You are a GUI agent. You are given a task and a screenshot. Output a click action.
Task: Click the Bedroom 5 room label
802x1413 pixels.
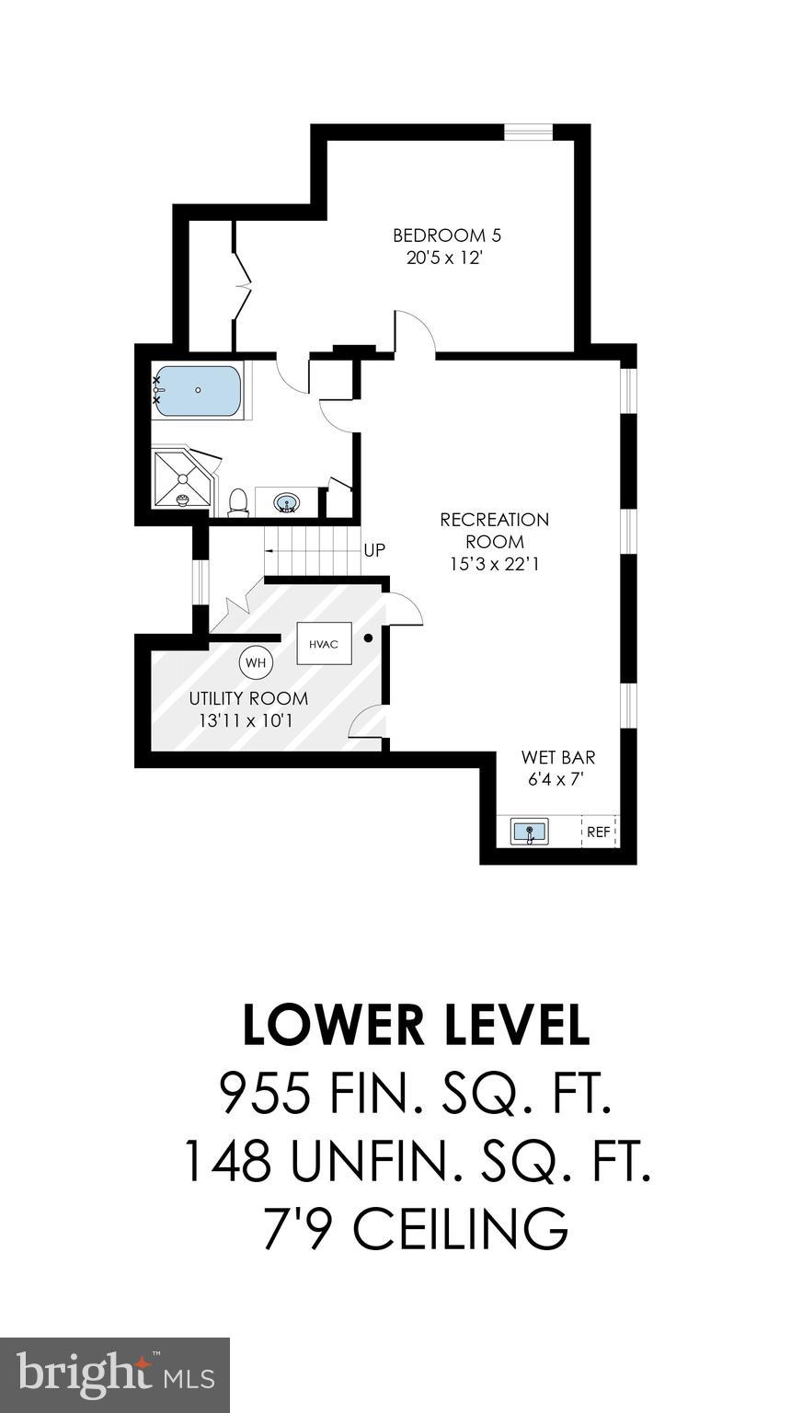point(446,235)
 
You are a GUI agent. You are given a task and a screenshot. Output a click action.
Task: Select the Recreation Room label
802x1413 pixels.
point(494,531)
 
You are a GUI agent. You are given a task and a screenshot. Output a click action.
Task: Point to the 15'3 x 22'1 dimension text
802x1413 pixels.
point(494,564)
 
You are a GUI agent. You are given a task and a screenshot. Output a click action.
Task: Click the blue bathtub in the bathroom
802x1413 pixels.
point(198,390)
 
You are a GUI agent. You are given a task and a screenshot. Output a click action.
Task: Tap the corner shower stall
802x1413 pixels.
point(185,477)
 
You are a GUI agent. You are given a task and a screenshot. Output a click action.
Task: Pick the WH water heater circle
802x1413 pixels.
point(256,662)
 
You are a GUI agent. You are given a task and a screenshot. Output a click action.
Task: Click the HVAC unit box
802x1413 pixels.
point(324,644)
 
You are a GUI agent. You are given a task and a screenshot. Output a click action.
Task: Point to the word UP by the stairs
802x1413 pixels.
point(374,551)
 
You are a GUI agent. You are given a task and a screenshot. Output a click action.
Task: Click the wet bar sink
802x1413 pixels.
point(530,832)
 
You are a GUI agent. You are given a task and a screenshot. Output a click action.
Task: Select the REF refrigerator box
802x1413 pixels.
point(599,832)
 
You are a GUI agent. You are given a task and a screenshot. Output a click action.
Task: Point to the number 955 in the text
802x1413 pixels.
point(266,1093)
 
